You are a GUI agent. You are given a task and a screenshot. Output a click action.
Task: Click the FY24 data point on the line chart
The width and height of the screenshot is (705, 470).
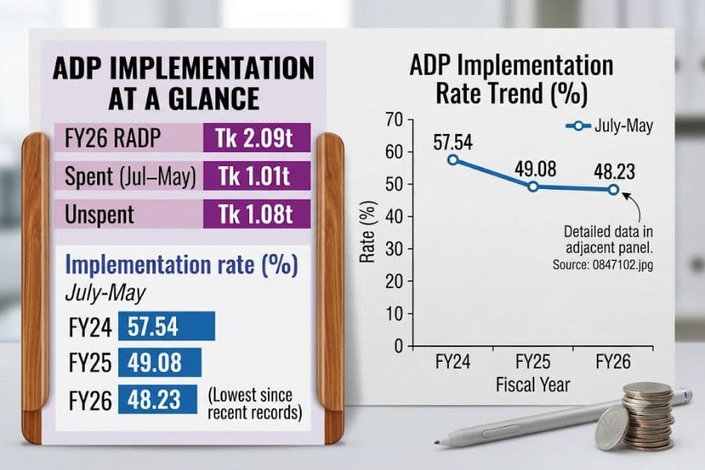(454, 160)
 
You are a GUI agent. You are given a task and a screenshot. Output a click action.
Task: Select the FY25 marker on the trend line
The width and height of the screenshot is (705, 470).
(533, 186)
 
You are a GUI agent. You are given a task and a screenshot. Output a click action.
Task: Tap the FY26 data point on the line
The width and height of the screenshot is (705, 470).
(613, 190)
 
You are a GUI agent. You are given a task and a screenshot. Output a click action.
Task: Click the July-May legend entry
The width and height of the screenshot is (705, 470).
(609, 126)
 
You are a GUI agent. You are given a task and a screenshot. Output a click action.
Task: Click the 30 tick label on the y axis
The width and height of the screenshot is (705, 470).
(394, 249)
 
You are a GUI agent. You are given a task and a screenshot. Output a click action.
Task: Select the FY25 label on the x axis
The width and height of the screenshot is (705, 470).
(533, 362)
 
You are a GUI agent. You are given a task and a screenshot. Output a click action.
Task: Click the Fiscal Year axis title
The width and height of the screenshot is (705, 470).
(533, 385)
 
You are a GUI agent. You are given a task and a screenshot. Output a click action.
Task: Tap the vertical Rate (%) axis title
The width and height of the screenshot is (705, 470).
(367, 232)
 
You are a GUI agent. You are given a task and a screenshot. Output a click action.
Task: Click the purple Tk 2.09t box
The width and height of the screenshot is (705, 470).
(257, 138)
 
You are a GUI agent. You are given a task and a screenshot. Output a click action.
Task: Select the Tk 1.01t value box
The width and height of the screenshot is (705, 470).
(257, 175)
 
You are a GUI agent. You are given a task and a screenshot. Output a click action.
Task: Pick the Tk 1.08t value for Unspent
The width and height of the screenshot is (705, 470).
(257, 214)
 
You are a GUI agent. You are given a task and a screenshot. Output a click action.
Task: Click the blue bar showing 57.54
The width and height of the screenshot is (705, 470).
(167, 326)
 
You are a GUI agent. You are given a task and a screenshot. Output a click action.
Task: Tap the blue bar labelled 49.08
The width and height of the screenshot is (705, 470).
(160, 363)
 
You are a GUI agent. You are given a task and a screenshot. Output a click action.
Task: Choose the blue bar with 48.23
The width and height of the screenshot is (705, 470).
(157, 399)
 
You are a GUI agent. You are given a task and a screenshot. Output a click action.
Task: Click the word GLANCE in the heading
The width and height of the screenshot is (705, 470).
(214, 99)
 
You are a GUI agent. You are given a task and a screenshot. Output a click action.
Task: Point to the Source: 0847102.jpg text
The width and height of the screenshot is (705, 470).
(602, 265)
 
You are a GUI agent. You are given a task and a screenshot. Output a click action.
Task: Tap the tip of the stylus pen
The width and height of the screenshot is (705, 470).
(436, 443)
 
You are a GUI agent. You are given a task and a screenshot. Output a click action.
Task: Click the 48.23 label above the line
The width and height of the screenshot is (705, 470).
(614, 172)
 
